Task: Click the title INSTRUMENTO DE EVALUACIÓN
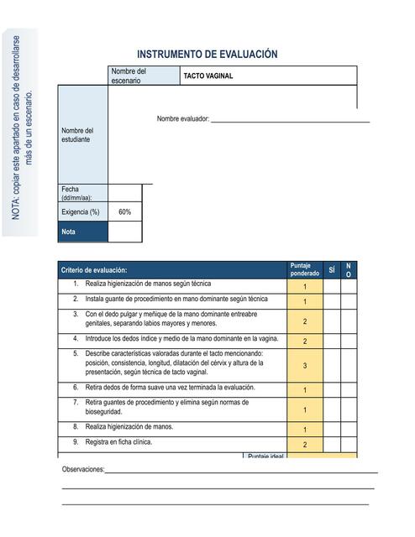[207, 54]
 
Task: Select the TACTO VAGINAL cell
[207, 76]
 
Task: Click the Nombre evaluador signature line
[289, 122]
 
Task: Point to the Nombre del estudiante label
[77, 134]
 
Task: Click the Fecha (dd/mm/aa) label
[78, 193]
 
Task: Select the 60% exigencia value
[124, 212]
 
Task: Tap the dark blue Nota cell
[82, 232]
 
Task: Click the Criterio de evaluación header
[94, 270]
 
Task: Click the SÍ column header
[332, 269]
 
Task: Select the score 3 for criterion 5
[305, 366]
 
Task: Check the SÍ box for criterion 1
[332, 285]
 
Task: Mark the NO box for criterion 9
[349, 444]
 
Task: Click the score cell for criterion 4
[305, 341]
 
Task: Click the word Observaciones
[83, 469]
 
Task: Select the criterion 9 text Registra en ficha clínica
[118, 442]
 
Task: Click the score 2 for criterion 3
[305, 321]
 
